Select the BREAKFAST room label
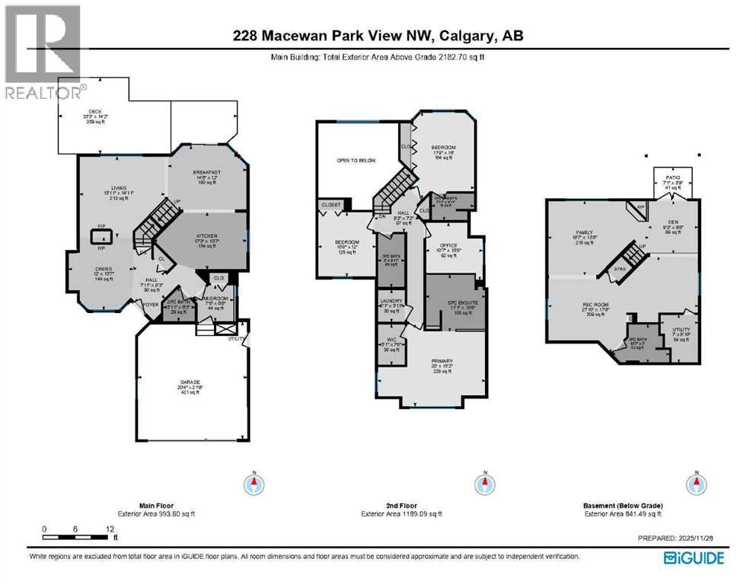pos(207,172)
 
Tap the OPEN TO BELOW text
pos(357,161)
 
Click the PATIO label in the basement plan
pos(673,177)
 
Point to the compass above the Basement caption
pos(694,483)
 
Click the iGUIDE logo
pos(694,558)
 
